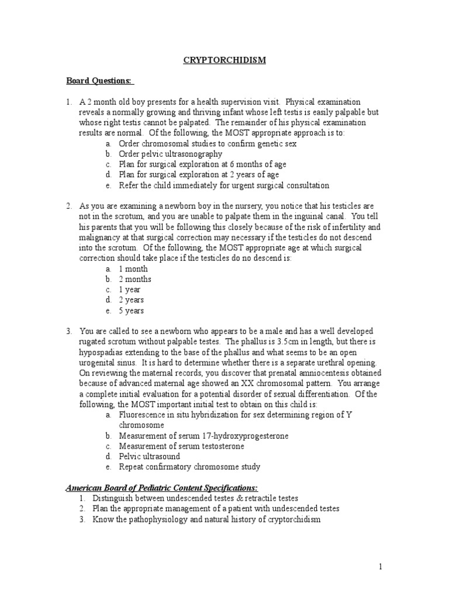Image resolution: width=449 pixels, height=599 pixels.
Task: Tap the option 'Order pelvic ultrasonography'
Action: tap(170, 154)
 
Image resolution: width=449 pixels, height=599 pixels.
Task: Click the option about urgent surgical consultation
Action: tap(224, 185)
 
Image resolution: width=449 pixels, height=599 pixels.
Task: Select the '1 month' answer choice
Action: tap(134, 268)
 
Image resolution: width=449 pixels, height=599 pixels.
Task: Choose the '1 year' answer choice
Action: tap(130, 290)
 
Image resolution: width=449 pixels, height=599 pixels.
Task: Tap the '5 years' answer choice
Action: tap(132, 311)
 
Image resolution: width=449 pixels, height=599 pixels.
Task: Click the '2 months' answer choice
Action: tap(135, 279)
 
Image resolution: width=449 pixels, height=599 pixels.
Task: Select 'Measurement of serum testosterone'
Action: tap(181, 446)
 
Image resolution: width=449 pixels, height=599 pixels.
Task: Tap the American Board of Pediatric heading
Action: tap(161, 488)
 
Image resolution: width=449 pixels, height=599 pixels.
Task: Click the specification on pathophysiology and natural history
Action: tap(206, 519)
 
